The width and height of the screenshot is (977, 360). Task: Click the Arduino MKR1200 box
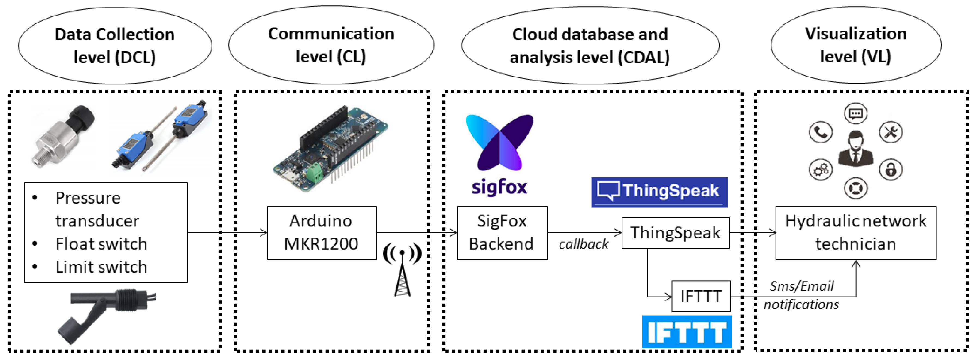322,232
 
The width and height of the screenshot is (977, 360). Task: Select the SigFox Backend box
502,232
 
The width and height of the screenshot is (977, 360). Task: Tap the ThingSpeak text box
675,232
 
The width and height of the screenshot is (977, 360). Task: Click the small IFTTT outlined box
701,296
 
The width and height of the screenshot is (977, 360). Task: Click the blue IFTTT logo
686,332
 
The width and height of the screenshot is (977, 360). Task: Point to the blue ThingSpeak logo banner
659,192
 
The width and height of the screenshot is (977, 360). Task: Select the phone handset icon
820,132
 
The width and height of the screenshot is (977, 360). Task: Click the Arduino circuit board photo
330,148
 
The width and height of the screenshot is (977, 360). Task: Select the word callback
583,244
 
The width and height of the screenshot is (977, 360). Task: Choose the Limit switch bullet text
101,267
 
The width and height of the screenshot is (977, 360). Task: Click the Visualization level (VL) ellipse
856,45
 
